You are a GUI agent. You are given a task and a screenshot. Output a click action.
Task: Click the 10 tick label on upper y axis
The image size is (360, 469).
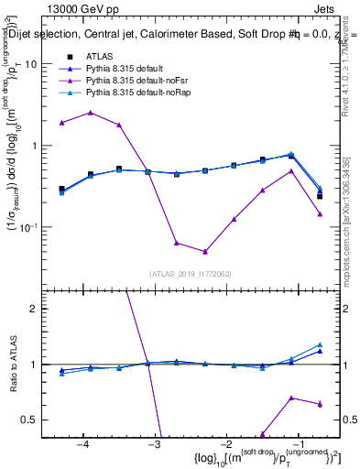[30, 65]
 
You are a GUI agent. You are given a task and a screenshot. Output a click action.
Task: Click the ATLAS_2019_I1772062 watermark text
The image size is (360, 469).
[190, 273]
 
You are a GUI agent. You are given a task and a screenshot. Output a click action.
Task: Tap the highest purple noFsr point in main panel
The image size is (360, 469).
[91, 113]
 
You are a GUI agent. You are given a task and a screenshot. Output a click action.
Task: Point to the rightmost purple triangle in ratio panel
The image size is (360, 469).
[320, 404]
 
